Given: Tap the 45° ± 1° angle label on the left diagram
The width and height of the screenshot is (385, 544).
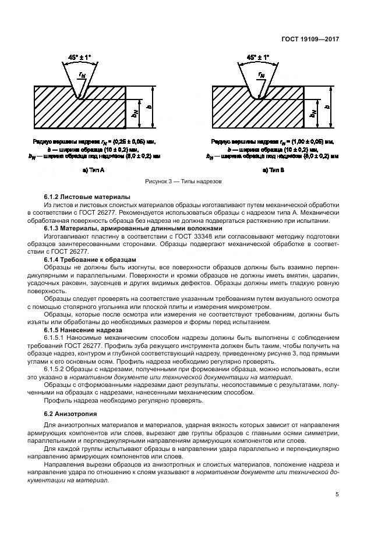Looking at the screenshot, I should tap(80, 58).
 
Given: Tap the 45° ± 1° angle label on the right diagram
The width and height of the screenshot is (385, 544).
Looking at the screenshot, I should tap(258, 58).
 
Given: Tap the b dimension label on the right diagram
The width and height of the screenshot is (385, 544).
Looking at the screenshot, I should tap(327, 107).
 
